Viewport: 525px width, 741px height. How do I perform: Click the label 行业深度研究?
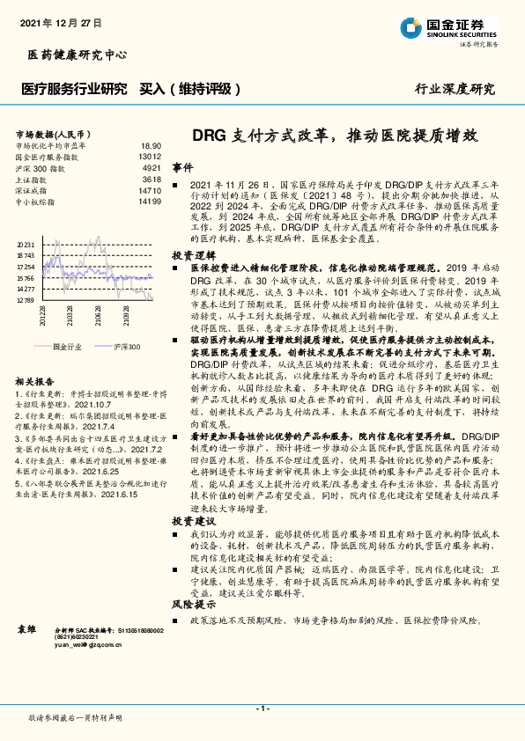pos(455,89)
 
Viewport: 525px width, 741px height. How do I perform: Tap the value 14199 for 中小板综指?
pos(149,202)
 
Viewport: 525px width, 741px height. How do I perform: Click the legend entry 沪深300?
pos(127,348)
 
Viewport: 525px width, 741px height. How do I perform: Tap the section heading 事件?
pos(181,167)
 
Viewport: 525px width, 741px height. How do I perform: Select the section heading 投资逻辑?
pos(189,253)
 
